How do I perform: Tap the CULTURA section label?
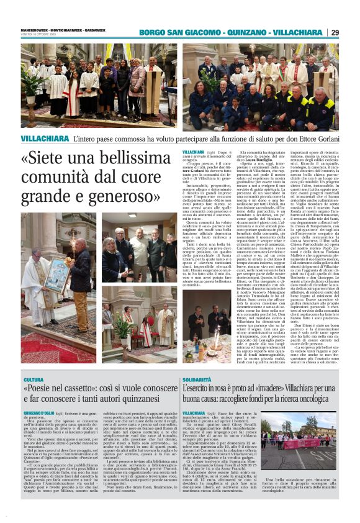tap(34, 380)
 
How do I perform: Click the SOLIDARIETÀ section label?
tap(198, 379)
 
